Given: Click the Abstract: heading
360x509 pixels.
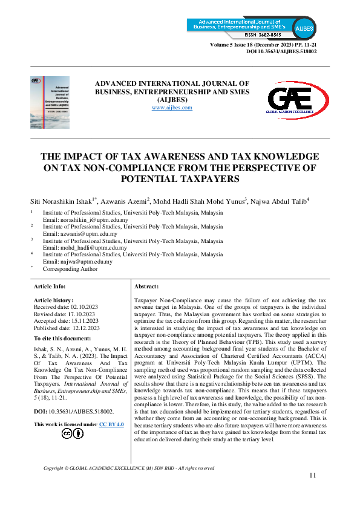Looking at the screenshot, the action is click(146, 286).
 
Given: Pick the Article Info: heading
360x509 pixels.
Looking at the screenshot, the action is click(50, 286).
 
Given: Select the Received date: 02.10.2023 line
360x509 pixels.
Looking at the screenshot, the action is click(66, 306).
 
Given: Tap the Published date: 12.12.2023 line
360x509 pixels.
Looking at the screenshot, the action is click(67, 327).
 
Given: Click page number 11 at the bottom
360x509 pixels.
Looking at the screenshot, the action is click(313, 476).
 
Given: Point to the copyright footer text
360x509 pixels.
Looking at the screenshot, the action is click(129, 468).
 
